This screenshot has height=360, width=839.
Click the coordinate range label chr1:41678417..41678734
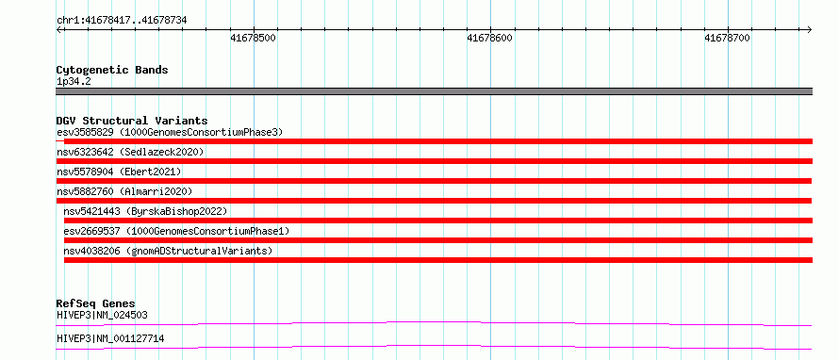click(122, 21)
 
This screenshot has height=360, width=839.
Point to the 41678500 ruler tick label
click(253, 38)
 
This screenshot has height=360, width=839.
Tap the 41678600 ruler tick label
click(489, 38)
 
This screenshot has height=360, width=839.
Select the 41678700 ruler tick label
click(727, 38)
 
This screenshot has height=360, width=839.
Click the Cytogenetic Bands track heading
click(112, 70)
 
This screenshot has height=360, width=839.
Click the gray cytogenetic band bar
click(435, 91)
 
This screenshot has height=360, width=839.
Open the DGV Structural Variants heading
click(132, 121)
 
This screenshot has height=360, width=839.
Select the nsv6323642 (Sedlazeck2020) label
click(130, 152)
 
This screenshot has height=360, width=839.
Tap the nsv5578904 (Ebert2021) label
click(120, 172)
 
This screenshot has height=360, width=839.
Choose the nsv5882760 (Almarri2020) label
click(124, 191)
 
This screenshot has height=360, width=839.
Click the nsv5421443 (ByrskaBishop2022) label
click(145, 211)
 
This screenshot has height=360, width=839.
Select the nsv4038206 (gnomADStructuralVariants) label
click(168, 251)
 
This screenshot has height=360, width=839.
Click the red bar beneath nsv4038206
click(438, 260)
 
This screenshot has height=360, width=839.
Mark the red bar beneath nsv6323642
click(435, 161)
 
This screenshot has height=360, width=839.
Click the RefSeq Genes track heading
click(96, 304)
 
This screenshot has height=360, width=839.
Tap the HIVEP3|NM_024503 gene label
click(102, 315)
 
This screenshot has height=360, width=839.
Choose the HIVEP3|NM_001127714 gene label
click(110, 338)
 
